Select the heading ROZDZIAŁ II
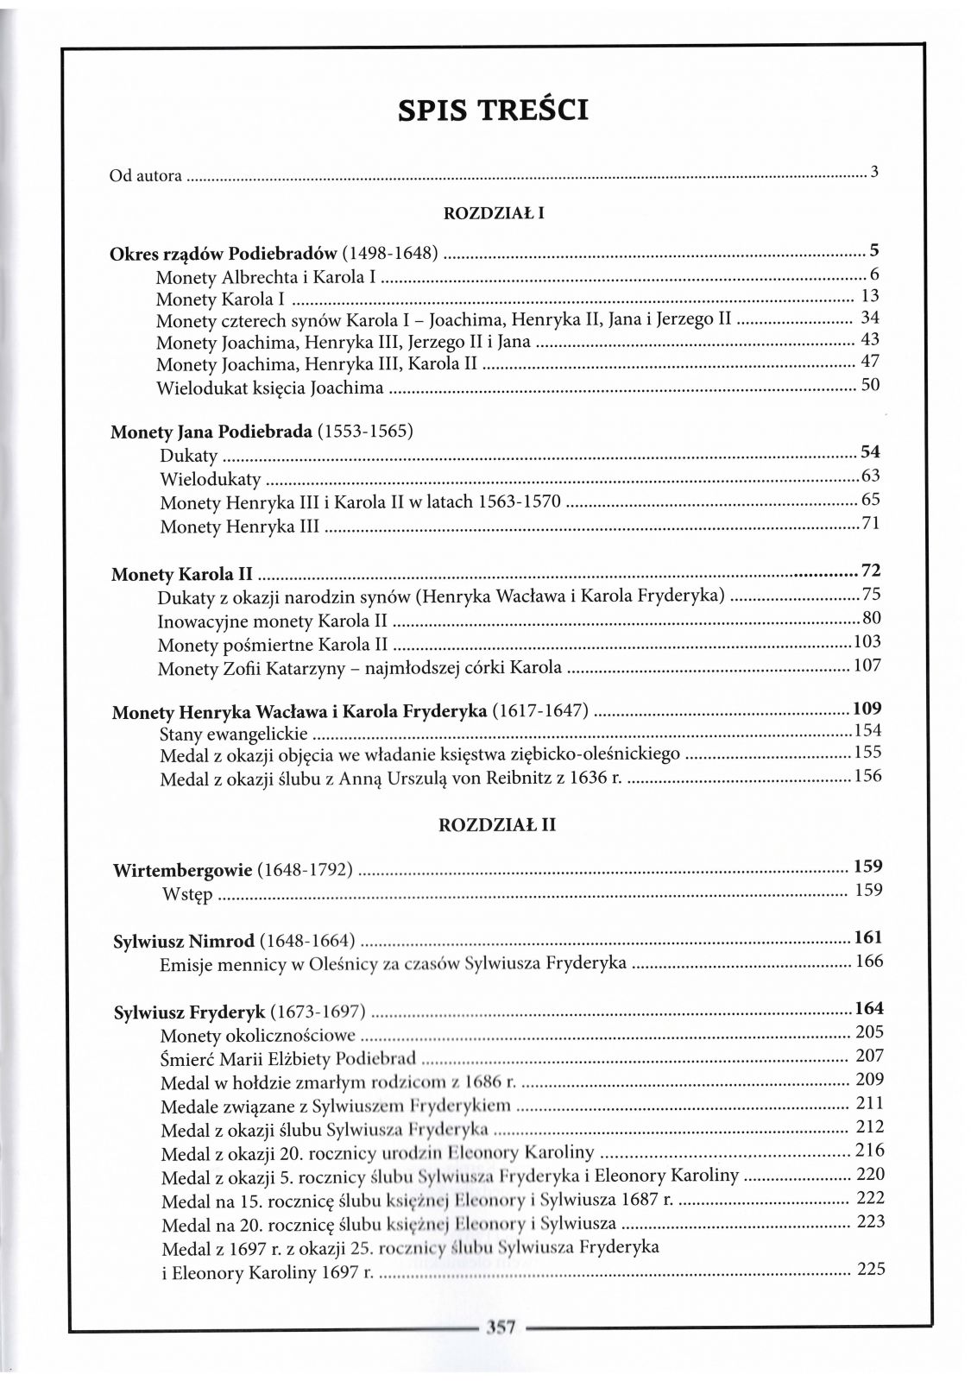point(497,825)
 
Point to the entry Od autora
point(145,176)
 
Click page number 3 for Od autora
point(873,172)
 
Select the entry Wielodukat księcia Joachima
point(269,388)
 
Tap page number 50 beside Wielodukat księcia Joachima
point(870,385)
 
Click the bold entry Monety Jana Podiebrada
point(211,432)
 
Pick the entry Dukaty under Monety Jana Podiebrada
point(189,456)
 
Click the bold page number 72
point(870,571)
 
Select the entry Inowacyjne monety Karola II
point(272,621)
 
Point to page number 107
point(867,665)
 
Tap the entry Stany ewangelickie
point(234,735)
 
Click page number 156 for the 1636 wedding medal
point(867,776)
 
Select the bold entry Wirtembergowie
point(182,870)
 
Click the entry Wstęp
point(186,893)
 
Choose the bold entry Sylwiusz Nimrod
point(184,942)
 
